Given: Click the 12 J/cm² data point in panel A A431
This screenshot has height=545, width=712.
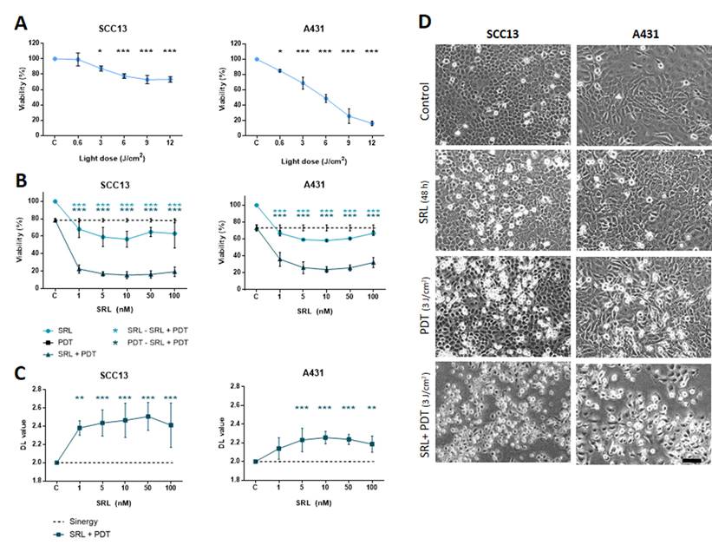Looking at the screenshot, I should point(371,123).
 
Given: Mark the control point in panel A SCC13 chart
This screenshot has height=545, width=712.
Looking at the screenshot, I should point(55,59).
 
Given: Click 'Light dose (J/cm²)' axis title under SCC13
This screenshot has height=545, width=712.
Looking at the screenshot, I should point(115,161).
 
